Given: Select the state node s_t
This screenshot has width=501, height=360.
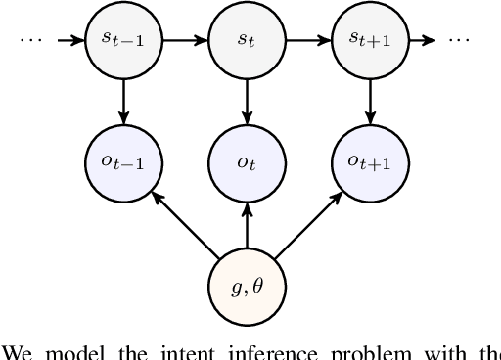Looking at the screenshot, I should [246, 42].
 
